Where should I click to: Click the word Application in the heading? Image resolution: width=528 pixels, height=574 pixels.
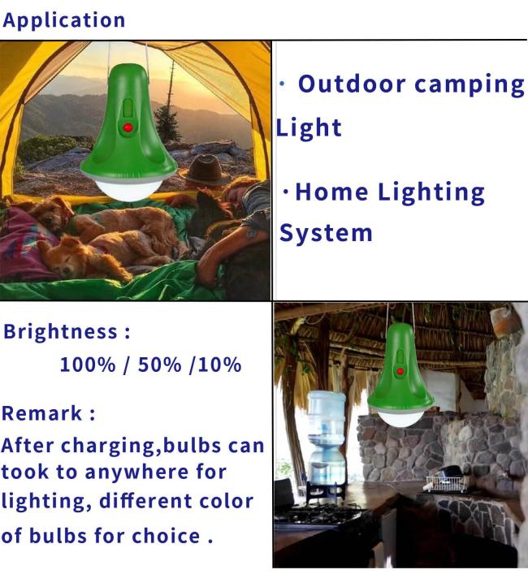[63, 21]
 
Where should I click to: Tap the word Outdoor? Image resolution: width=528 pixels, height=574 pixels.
[352, 84]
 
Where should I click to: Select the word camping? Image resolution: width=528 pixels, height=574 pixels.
[470, 86]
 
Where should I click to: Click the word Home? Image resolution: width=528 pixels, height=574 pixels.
[331, 192]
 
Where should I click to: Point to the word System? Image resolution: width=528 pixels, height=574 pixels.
[326, 233]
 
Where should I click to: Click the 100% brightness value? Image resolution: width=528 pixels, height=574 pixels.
[88, 365]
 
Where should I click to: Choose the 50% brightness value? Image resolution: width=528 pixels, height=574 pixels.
[159, 365]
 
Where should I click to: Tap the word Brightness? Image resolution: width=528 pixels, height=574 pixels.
[60, 332]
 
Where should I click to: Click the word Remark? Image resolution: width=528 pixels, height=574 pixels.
[41, 413]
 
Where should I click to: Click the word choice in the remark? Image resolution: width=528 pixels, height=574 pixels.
[166, 536]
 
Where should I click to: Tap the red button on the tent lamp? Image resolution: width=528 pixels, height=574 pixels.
[128, 127]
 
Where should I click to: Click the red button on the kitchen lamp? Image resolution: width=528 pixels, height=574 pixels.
[400, 372]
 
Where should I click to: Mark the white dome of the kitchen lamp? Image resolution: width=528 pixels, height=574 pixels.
[401, 418]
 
